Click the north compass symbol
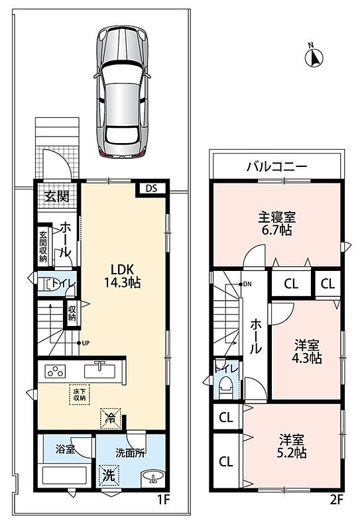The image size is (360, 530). coord(314,57)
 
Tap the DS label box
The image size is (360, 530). coord(152,188)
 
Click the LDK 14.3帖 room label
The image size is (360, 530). coord(122,276)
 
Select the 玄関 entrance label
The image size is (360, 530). coord(57,195)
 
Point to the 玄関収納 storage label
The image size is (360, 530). coord(43,246)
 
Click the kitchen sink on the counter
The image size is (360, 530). coord(100,370)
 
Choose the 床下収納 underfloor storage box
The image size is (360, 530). coord(80,394)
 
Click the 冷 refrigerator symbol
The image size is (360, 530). coord(110,419)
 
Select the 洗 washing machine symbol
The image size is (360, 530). coord(109,476)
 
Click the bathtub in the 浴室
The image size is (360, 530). coord(64,476)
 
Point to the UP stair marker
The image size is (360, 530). coord(84,343)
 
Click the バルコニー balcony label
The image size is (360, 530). coord(276,166)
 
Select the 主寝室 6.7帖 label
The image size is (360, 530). coord(276,223)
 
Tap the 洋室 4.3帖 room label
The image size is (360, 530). coord(306,352)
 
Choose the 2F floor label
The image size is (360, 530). coord(337,500)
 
